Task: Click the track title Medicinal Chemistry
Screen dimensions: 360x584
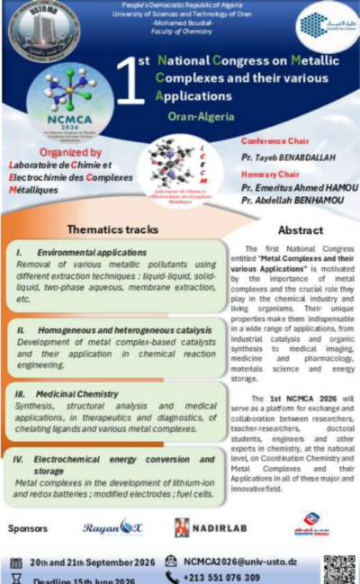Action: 78,393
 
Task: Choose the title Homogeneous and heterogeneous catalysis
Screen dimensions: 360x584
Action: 121,330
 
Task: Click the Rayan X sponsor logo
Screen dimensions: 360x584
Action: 113,528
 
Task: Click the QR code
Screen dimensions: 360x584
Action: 339,570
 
